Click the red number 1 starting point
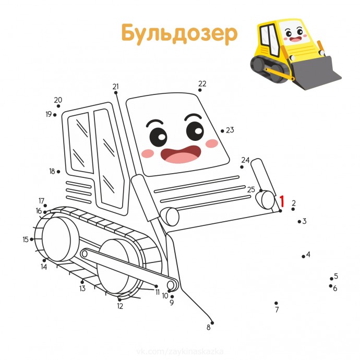282,201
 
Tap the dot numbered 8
212,323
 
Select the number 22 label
202,83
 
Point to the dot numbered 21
116,93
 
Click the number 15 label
26,239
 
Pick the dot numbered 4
303,256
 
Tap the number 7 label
277,310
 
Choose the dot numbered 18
58,171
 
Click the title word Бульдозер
179,33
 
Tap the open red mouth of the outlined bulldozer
181,154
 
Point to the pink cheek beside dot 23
211,143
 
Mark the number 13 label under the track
82,289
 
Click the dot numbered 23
222,131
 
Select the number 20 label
58,100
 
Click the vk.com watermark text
179,347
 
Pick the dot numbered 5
331,279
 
